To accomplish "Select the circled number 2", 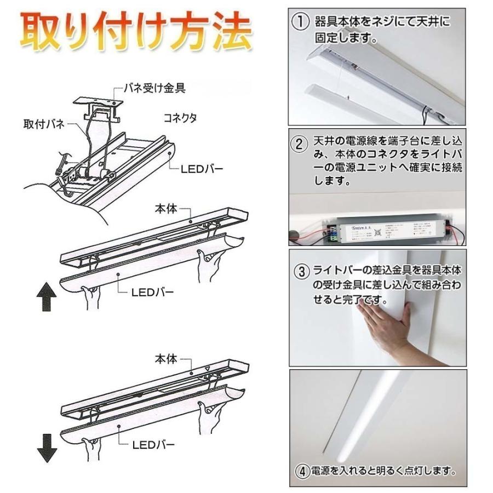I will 299,145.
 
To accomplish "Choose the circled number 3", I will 300,270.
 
